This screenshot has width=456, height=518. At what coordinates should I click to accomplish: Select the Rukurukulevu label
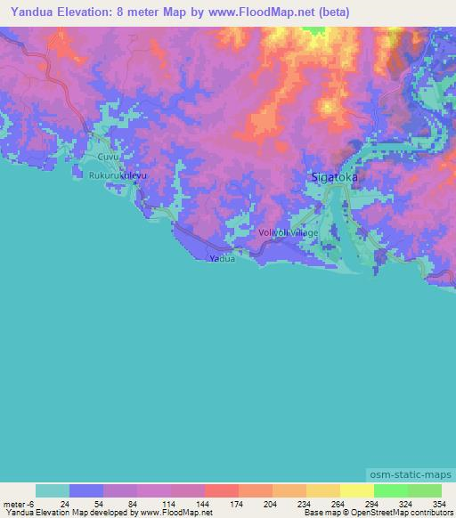[117, 176]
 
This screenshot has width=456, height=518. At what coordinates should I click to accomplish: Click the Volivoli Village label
[287, 232]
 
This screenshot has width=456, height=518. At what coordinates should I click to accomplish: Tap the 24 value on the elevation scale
[64, 503]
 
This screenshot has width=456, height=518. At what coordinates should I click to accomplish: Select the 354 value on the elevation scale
[438, 503]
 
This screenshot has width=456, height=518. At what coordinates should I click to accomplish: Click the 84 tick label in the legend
[132, 503]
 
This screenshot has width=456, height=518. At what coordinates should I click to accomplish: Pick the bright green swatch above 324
[391, 490]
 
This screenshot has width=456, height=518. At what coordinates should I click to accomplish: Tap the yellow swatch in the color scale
[357, 490]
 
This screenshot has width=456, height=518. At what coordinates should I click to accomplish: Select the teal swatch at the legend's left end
[53, 490]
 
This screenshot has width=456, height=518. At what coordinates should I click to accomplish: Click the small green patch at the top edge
[313, 30]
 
